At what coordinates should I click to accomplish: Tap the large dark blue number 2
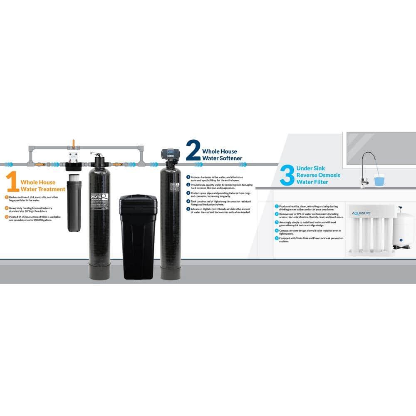tap(193, 151)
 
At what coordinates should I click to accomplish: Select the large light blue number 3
tap(287, 176)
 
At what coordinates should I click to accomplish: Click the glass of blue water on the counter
tap(379, 181)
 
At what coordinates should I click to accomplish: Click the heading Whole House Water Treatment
tap(43, 186)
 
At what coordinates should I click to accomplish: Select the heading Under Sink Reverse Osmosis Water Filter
tap(318, 175)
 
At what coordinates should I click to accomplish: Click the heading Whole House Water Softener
tap(223, 155)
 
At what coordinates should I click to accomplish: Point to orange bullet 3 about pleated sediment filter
tap(7, 217)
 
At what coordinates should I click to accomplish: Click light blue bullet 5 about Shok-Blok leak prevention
tap(277, 238)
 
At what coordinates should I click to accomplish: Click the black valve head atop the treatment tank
tap(98, 160)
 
